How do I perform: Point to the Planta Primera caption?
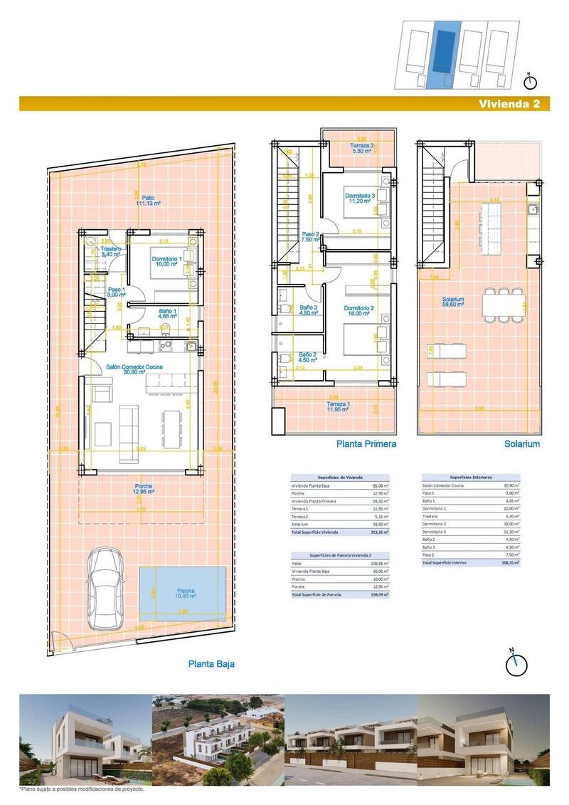click(366, 443)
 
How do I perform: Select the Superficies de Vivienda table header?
click(341, 477)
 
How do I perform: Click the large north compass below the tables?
click(516, 663)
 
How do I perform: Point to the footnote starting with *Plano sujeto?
click(83, 789)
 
